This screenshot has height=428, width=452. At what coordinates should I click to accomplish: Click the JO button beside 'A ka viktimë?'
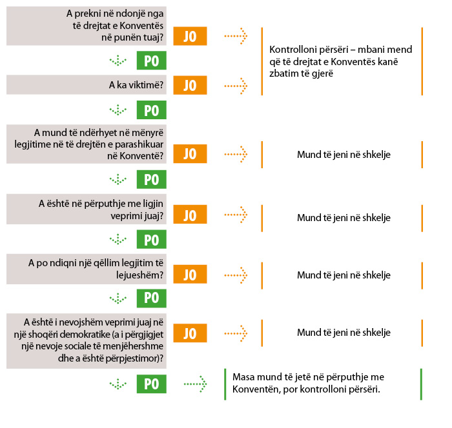[190, 85]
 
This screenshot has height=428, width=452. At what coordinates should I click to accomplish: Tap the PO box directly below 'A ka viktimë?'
[151, 110]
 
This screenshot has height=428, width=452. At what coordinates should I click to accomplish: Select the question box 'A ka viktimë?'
[87, 85]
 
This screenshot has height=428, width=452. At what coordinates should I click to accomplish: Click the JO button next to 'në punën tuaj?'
[190, 36]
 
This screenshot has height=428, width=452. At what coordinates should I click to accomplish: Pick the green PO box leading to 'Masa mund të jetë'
[151, 384]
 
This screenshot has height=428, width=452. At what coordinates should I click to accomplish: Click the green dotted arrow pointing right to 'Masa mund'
[196, 384]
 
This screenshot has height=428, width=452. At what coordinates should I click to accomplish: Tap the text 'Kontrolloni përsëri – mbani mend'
[341, 50]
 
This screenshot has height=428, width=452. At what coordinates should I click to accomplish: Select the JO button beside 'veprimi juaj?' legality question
[190, 215]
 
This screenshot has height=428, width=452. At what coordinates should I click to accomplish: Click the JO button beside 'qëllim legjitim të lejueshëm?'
[190, 275]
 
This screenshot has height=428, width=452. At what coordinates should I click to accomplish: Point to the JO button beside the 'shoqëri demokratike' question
[190, 333]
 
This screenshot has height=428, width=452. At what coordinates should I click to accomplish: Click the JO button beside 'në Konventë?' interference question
[190, 153]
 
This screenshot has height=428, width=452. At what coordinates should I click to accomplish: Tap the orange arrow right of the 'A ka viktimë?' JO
[236, 86]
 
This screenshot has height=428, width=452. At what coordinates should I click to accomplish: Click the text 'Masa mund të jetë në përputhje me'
[308, 377]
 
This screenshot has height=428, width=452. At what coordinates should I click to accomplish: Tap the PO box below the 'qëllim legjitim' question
[151, 298]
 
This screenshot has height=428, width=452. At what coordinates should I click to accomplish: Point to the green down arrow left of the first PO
[118, 61]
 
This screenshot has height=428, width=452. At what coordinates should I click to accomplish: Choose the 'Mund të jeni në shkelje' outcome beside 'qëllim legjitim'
[344, 275]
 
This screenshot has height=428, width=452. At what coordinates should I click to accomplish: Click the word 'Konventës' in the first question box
[141, 26]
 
